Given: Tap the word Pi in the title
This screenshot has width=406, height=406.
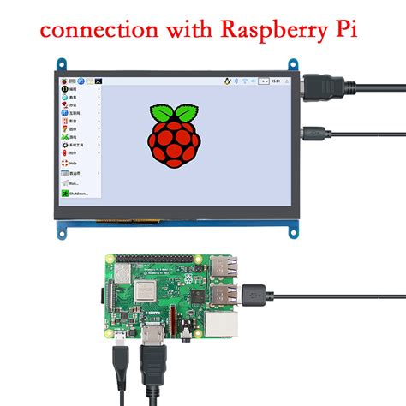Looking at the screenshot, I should tap(345, 30).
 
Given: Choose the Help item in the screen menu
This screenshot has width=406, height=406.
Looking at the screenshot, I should tap(74, 160).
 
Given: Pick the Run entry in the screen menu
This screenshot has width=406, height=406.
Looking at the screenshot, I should tap(74, 182).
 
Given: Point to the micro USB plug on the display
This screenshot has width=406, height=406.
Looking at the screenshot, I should tap(311, 133).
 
